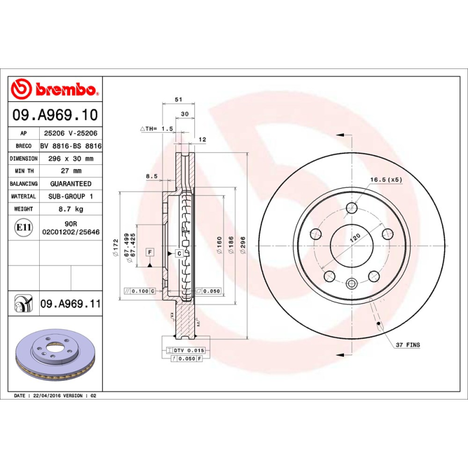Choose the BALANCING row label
[x=24, y=184]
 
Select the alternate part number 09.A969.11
[x=70, y=304]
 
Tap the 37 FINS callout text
[x=408, y=345]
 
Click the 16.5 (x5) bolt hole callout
[x=386, y=180]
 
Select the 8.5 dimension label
[x=152, y=175]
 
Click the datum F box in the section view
[x=150, y=252]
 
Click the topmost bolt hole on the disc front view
[x=351, y=208]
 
